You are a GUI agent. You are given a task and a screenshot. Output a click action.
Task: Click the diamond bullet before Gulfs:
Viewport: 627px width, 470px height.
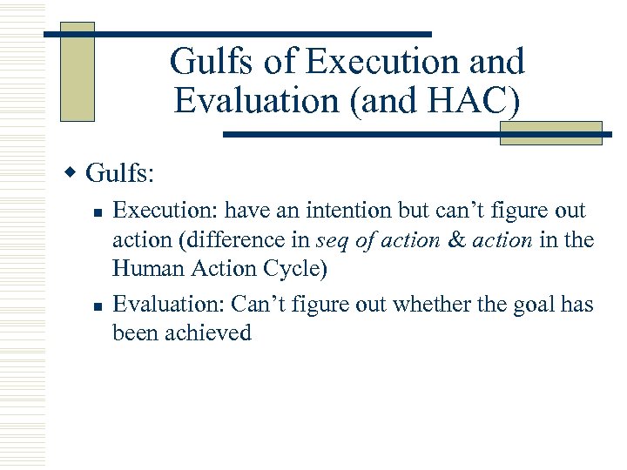click(76, 171)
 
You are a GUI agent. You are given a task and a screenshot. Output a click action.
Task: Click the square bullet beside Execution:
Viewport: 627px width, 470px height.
click(99, 212)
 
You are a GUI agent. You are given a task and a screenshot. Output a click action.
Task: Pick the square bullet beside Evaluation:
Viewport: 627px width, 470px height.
click(99, 305)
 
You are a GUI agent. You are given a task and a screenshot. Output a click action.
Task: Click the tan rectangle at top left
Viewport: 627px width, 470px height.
click(77, 71)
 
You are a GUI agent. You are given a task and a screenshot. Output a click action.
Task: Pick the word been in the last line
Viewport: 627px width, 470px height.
click(136, 333)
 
